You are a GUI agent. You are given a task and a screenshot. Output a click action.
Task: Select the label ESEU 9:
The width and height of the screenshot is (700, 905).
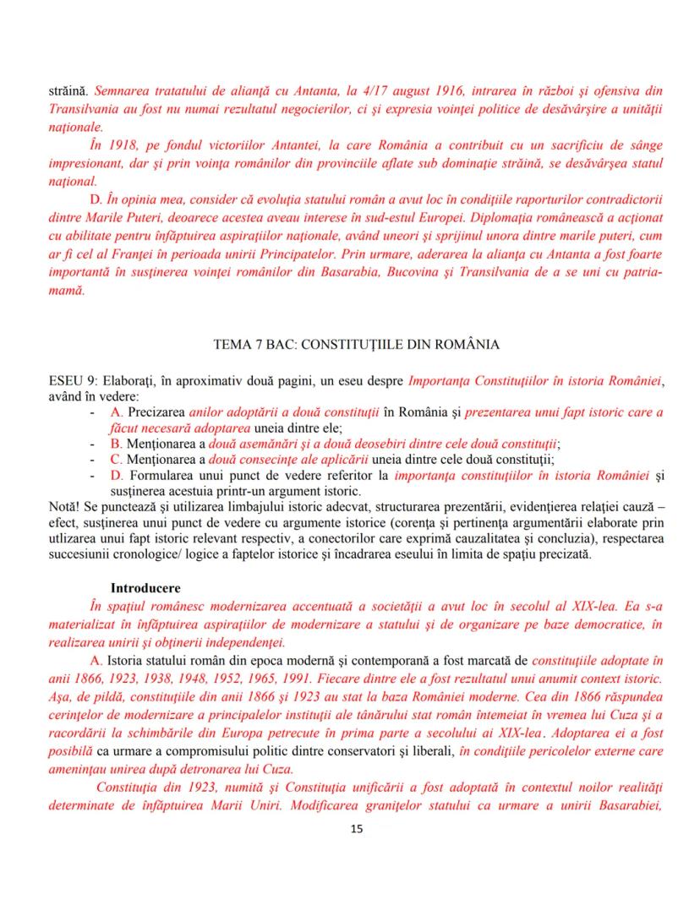[74, 382]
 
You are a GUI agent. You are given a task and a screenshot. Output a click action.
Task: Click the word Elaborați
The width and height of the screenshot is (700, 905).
[131, 382]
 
